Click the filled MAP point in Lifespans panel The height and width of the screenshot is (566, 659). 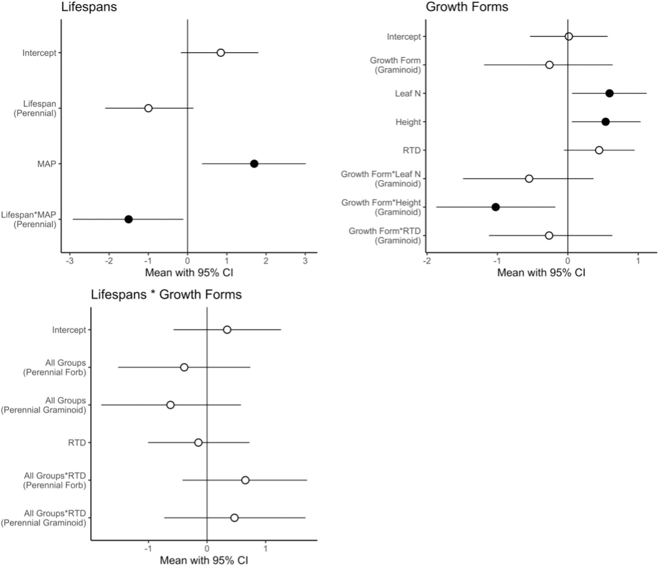click(254, 164)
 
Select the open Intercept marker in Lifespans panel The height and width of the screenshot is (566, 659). click(221, 53)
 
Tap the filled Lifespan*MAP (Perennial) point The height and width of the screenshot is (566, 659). click(129, 219)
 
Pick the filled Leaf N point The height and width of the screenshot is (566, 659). click(609, 93)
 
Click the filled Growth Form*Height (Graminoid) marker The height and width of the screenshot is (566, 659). click(496, 207)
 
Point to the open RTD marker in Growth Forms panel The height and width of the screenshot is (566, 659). click(599, 150)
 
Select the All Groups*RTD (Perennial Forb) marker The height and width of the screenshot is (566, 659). click(245, 480)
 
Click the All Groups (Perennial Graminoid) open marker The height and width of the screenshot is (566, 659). click(171, 405)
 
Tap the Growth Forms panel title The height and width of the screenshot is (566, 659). click(467, 7)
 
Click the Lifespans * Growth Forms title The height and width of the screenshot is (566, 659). click(166, 295)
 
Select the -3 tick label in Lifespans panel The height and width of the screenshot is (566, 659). click(70, 261)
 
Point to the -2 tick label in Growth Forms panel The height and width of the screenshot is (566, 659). click(427, 261)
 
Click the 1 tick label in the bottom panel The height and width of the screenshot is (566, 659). click(265, 549)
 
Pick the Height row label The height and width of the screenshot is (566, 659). click(408, 122)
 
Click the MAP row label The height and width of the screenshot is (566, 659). click(46, 164)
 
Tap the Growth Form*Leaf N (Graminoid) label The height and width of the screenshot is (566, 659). click(381, 179)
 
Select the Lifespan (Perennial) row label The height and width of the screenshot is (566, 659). click(35, 108)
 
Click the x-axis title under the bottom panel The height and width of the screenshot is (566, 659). click(204, 560)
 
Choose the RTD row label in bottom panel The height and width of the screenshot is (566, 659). click(77, 443)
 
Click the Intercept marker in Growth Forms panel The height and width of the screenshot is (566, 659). click(569, 36)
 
